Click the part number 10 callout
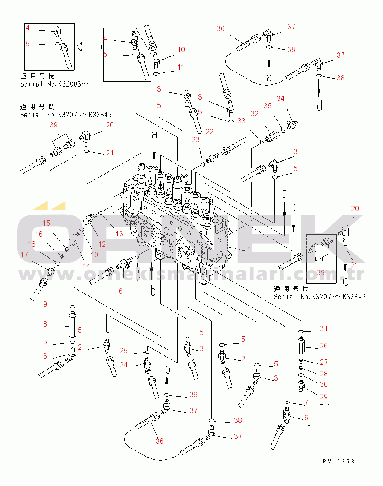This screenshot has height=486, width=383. pos(181,49)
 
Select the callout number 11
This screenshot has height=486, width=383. pos(180,67)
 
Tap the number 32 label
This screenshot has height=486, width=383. pos(254,114)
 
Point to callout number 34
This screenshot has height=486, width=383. pos(280,98)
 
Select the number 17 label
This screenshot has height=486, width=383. pos(24,255)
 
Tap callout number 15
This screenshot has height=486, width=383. pos(46,223)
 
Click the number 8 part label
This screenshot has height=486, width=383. pos(45,324)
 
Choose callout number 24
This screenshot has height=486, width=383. pos(124,365)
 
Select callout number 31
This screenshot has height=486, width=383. pos(323,329)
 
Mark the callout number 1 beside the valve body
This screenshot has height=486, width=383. pos(250,249)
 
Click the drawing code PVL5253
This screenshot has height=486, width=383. pos(339,462)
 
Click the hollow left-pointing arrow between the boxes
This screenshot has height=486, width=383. pos(89,47)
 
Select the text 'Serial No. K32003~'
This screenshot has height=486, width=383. pos(52,84)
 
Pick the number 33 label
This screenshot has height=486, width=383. pos(241,120)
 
